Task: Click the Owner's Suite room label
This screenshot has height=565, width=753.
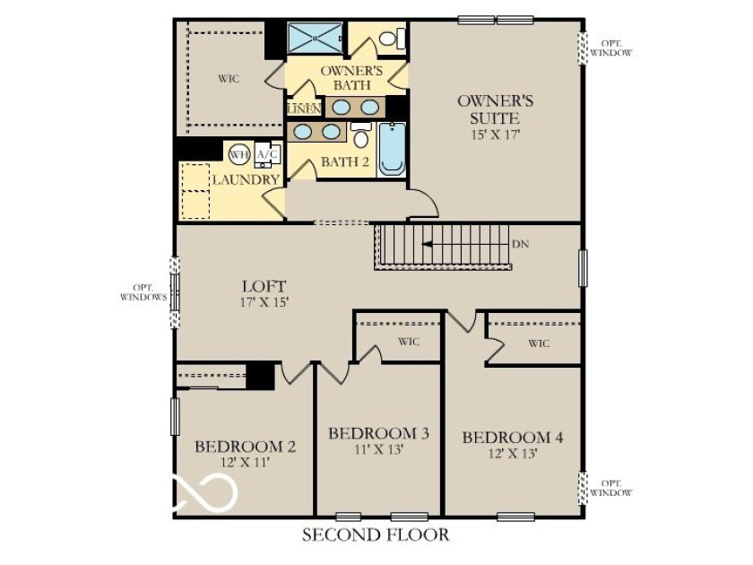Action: click(495, 109)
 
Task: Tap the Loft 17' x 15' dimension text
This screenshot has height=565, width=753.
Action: click(264, 302)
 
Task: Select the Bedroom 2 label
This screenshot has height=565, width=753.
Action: click(245, 447)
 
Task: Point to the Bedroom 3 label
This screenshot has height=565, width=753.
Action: click(378, 433)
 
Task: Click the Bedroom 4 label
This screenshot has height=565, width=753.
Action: click(513, 438)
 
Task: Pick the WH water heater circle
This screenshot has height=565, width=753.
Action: click(239, 154)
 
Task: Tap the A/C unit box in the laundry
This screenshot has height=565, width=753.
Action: click(267, 154)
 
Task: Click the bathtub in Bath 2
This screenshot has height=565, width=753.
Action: click(393, 149)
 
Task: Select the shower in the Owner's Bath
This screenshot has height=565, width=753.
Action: click(315, 38)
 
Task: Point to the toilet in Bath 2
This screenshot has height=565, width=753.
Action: click(360, 135)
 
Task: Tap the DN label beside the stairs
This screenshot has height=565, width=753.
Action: click(520, 244)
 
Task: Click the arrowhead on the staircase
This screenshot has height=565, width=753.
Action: click(427, 244)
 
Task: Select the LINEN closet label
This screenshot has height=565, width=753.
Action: click(304, 109)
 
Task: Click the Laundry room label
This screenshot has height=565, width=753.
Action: click(247, 179)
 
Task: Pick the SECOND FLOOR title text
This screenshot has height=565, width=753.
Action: click(376, 535)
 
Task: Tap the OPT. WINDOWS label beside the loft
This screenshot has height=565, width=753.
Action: click(143, 292)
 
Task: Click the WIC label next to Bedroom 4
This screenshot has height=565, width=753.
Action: click(539, 343)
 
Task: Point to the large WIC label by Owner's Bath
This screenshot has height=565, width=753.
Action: click(229, 79)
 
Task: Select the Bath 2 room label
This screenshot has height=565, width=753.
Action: click(345, 162)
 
